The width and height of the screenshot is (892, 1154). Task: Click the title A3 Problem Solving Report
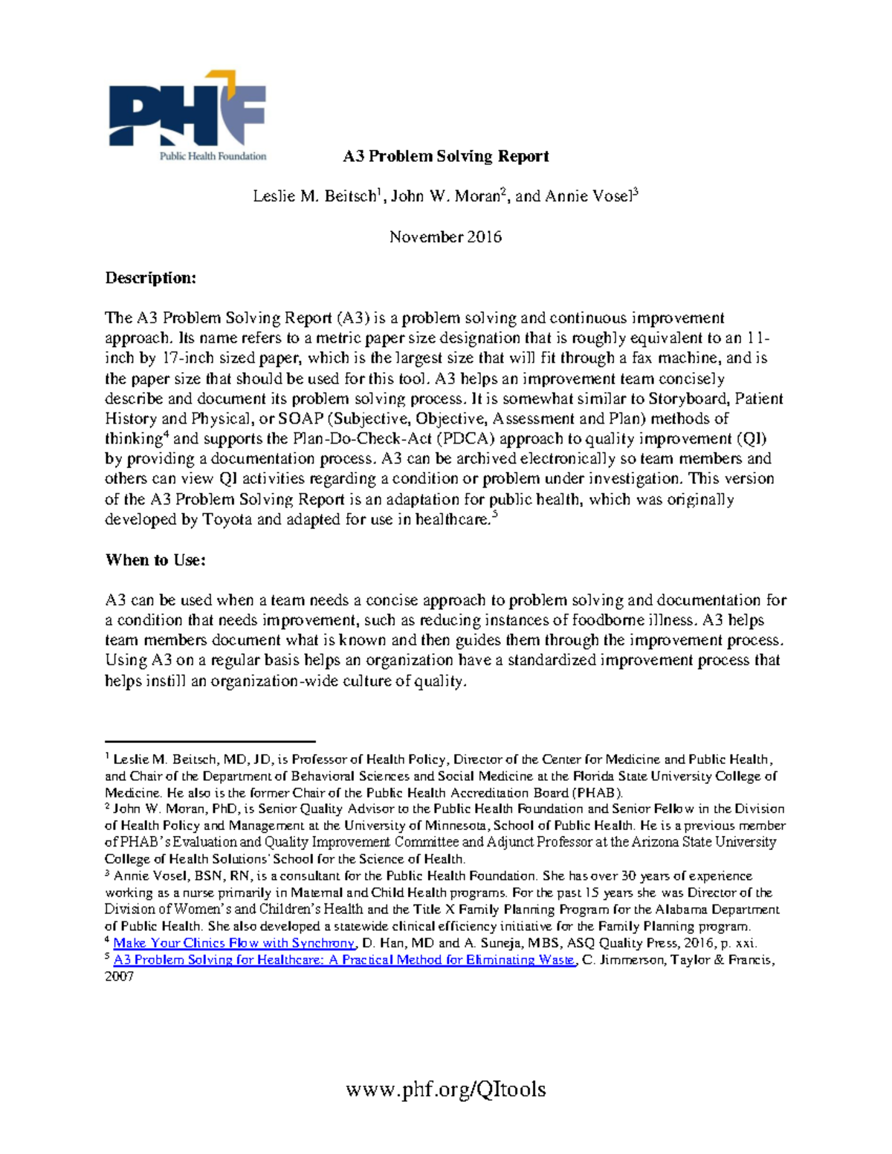(x=445, y=156)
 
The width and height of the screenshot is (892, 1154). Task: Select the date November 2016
(x=445, y=237)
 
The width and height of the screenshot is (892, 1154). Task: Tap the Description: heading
(x=151, y=278)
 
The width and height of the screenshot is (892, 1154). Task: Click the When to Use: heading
(x=155, y=560)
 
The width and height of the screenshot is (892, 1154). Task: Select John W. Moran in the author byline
(x=445, y=197)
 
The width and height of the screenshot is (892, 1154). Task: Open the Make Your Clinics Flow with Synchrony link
(x=234, y=943)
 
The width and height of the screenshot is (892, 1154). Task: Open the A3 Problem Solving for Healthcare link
(x=344, y=960)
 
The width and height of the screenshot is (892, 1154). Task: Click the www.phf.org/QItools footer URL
(x=445, y=1089)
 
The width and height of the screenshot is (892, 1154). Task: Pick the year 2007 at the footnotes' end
(x=119, y=976)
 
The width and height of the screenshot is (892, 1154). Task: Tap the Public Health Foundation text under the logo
(x=213, y=156)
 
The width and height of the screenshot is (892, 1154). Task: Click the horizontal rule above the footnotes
(x=210, y=741)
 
